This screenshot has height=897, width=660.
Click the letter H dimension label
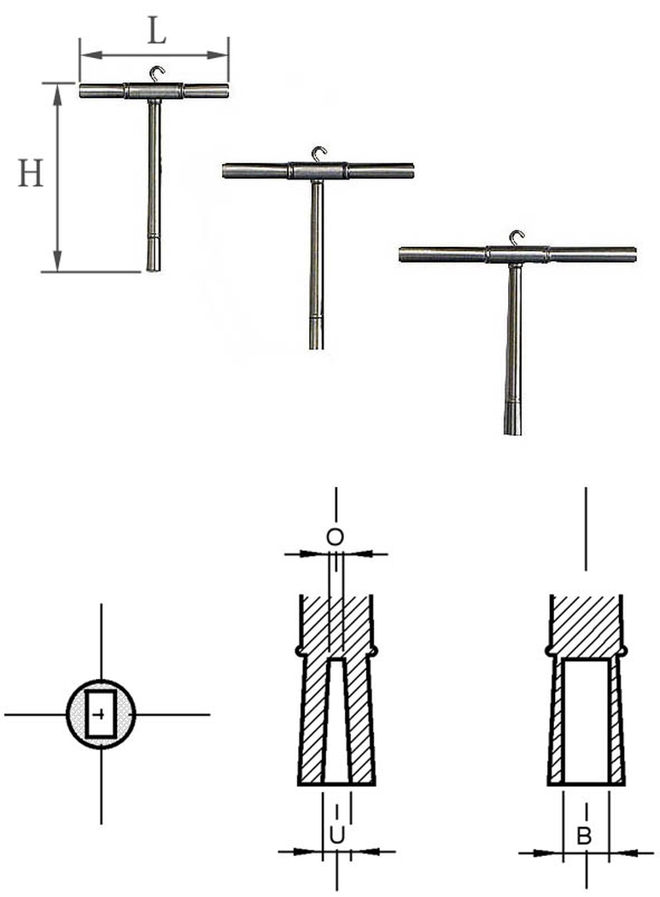[x=30, y=173]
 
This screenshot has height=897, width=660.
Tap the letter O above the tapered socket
[x=336, y=537]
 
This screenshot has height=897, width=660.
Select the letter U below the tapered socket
[x=337, y=835]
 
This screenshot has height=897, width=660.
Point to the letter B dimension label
[x=583, y=835]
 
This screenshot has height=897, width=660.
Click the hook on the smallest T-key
[x=157, y=73]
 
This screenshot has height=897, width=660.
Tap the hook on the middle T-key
[x=318, y=155]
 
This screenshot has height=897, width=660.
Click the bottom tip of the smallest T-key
[x=154, y=270]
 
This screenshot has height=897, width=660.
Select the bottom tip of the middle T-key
[x=316, y=348]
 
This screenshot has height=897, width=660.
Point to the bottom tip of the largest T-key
[x=512, y=433]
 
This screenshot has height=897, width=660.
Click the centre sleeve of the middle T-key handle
[x=318, y=171]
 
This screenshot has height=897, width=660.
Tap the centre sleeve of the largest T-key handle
[x=517, y=254]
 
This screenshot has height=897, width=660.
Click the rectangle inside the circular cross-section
[x=101, y=714]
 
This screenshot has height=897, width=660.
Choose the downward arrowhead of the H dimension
[x=56, y=261]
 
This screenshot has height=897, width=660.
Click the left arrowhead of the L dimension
[x=91, y=55]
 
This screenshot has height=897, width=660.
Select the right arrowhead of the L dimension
[x=218, y=55]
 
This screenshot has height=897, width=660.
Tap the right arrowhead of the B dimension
[x=621, y=853]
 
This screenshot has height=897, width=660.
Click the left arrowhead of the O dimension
[x=313, y=554]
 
